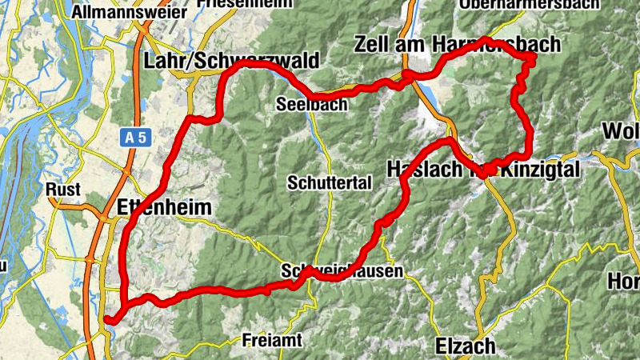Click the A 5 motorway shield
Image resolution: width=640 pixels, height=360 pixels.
tap(136, 138)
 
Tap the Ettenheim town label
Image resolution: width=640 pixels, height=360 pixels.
tap(164, 208)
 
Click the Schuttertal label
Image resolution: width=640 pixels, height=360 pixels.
tap(330, 182)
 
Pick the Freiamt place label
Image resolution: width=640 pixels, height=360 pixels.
tap(272, 340)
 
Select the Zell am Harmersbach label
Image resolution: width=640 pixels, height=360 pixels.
tap(457, 44)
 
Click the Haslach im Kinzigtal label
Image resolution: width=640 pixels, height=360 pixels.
tap(489, 169)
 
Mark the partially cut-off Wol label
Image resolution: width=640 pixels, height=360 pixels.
tap(621, 130)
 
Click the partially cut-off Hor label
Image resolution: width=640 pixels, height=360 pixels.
tap(625, 282)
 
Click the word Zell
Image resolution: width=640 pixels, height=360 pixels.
tap(373, 44)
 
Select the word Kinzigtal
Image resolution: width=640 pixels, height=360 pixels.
tap(548, 169)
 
